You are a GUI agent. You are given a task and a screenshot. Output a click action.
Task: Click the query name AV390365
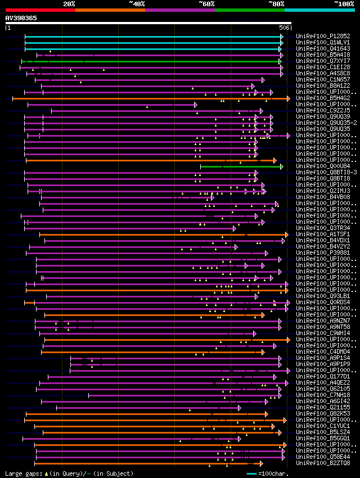(21, 18)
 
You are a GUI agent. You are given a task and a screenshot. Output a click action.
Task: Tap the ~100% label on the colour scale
(344, 3)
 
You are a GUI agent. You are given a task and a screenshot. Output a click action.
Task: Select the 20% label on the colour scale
(69, 3)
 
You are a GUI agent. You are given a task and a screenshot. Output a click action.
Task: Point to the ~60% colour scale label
(206, 3)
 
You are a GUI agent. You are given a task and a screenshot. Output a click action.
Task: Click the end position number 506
(284, 28)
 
